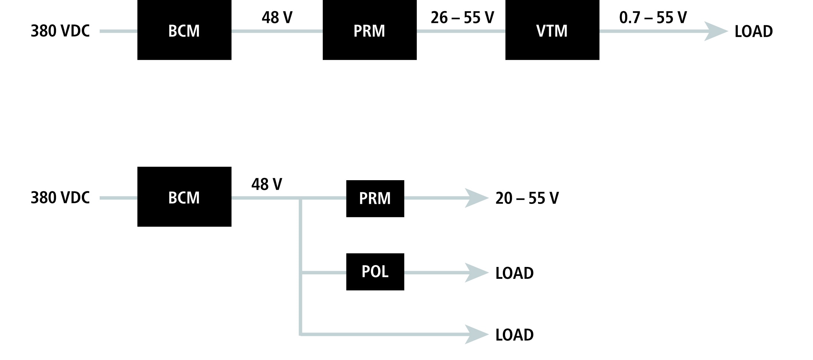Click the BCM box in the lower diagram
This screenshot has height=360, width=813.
tap(184, 197)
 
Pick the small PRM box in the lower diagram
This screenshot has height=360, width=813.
tap(375, 198)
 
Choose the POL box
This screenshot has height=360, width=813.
tap(375, 272)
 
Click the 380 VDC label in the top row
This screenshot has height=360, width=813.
tap(60, 31)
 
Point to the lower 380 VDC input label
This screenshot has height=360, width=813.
tap(60, 198)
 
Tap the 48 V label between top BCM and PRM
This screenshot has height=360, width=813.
tap(277, 17)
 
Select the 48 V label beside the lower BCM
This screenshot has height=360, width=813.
tap(266, 184)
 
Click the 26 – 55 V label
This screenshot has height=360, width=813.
tap(462, 17)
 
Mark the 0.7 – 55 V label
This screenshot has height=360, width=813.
tap(653, 17)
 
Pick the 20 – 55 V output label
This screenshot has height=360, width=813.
tap(527, 198)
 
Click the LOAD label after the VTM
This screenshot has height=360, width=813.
tap(753, 32)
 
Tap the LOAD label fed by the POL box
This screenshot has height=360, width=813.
tap(514, 273)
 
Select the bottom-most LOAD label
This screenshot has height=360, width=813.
tap(514, 335)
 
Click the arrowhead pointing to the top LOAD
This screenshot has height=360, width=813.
tap(715, 31)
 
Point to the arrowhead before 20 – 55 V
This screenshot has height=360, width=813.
tap(476, 198)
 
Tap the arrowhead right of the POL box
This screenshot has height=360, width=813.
tap(476, 273)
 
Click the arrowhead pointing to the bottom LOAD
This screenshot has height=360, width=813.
tap(476, 334)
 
